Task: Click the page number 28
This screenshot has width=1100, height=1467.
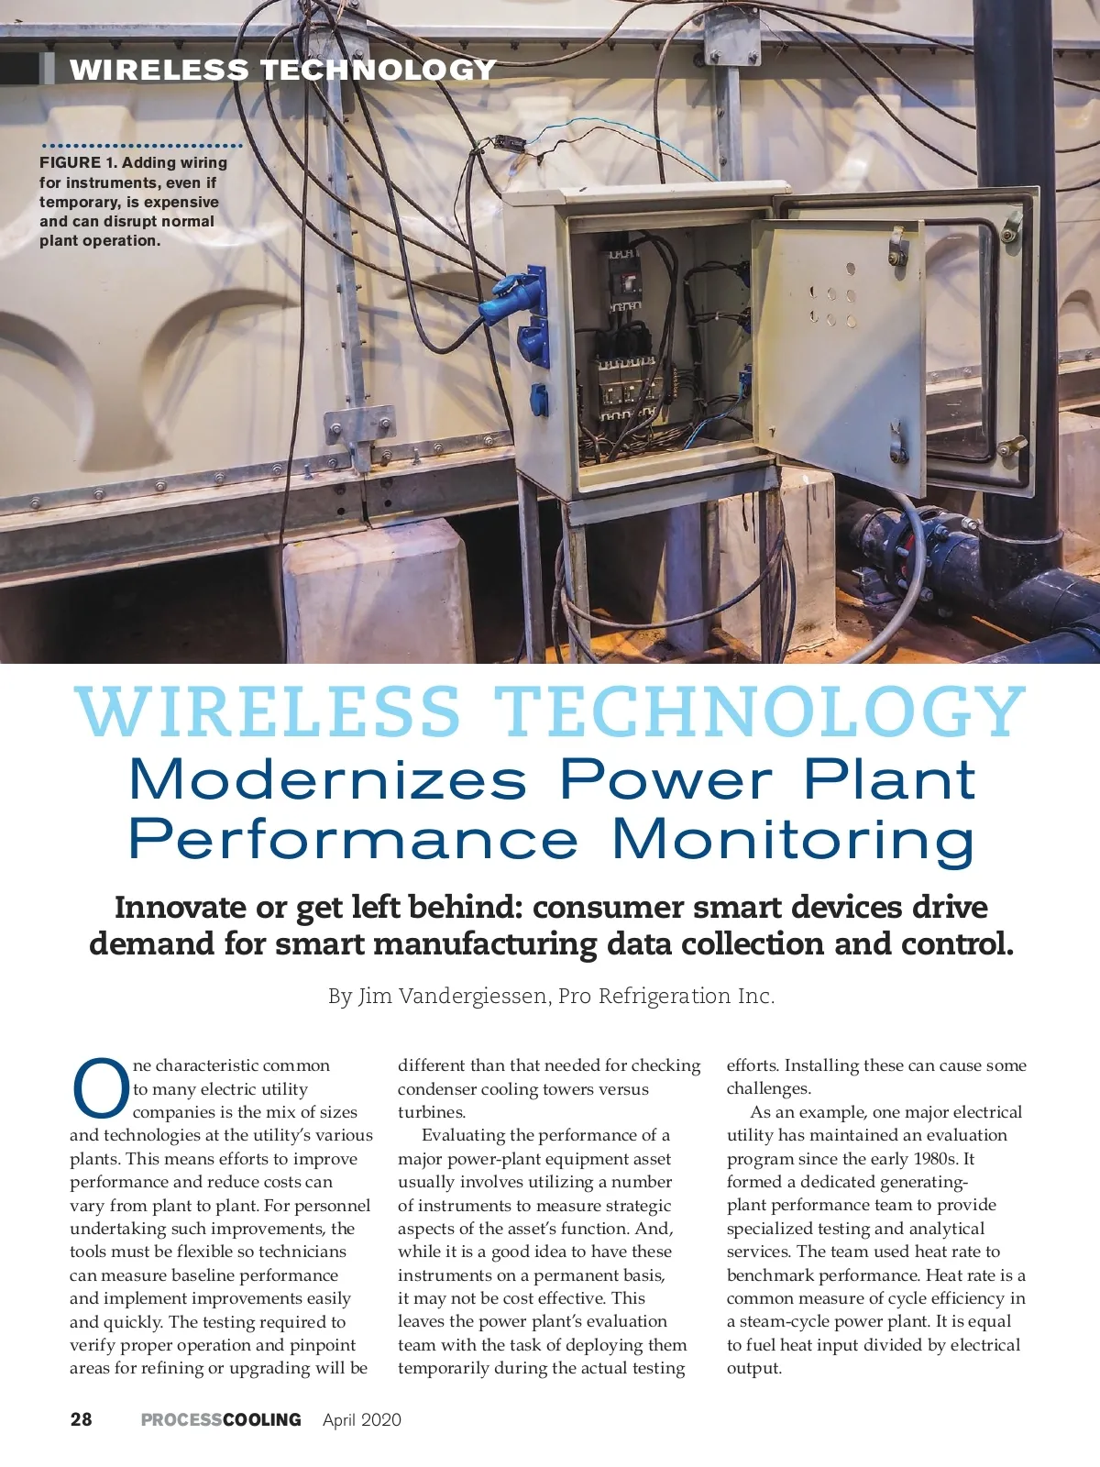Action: [81, 1419]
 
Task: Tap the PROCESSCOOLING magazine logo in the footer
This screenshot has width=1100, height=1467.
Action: [221, 1419]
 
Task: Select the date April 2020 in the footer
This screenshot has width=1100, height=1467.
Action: [362, 1419]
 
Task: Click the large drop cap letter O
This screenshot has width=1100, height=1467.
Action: [99, 1089]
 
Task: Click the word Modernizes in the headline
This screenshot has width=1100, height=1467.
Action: [327, 780]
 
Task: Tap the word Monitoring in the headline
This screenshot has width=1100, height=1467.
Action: [793, 840]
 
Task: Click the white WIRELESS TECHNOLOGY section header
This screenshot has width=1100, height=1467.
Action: [282, 70]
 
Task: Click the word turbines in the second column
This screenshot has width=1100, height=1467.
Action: [432, 1112]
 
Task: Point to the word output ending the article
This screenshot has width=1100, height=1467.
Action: [753, 1368]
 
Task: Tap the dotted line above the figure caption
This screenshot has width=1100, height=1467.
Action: [142, 146]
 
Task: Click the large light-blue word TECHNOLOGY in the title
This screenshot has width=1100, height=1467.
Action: [759, 712]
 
